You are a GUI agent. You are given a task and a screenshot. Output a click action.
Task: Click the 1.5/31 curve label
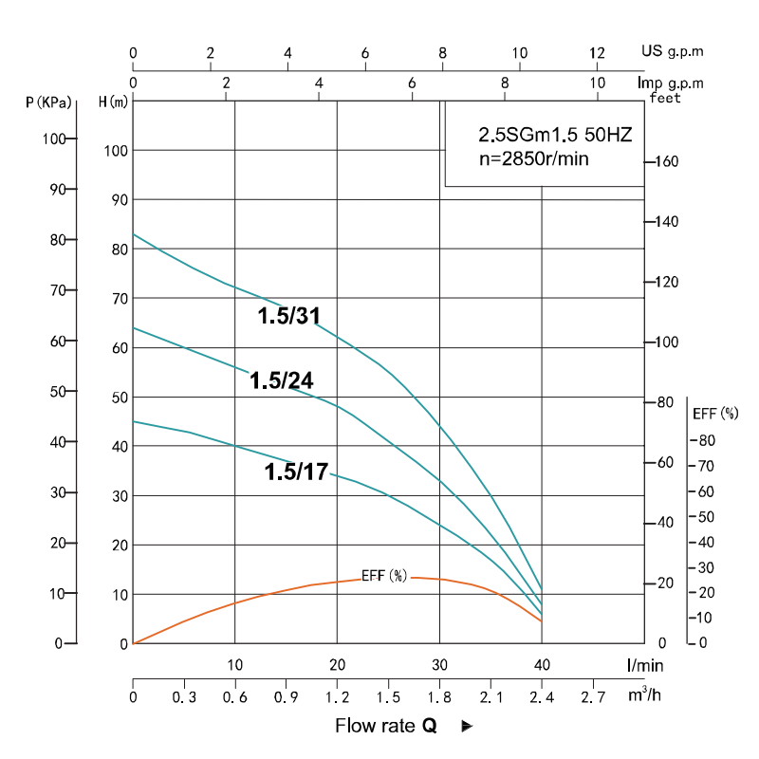(x=295, y=317)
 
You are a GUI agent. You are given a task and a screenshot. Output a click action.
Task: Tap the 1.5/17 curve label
(x=296, y=472)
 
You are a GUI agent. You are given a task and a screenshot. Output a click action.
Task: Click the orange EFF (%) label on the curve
(x=384, y=576)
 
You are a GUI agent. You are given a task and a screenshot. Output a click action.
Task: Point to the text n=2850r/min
(x=530, y=158)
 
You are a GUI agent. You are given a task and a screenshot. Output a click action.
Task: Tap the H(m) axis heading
(x=113, y=101)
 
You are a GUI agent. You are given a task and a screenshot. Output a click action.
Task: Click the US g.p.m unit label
(x=672, y=51)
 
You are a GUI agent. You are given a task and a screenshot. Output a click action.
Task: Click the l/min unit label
(x=644, y=665)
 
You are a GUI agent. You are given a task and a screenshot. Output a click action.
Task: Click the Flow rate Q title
(x=386, y=726)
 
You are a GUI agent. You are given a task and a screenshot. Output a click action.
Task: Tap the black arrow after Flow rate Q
(x=467, y=727)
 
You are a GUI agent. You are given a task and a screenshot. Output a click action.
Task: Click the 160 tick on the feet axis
(x=666, y=162)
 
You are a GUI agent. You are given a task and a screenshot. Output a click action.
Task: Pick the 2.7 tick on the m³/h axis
(x=592, y=698)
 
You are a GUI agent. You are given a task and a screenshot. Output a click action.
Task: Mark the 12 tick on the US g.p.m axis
(x=597, y=52)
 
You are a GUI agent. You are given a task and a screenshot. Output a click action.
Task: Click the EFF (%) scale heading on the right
(x=715, y=414)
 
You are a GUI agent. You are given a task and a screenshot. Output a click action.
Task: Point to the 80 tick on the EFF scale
(x=707, y=440)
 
